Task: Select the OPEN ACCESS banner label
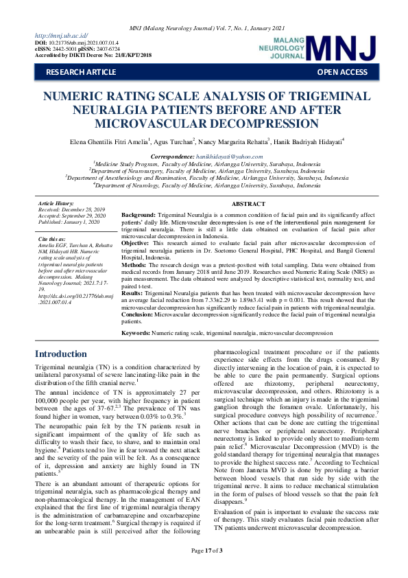(342, 72)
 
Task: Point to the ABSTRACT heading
(248, 204)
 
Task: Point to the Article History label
(56, 204)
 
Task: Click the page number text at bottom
(204, 570)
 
